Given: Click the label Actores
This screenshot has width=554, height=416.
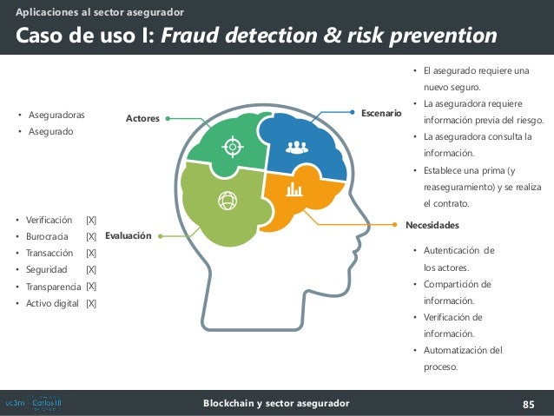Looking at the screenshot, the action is (142, 118).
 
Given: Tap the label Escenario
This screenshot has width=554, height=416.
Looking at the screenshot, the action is (381, 113).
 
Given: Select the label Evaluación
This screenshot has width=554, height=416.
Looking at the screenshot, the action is (128, 235).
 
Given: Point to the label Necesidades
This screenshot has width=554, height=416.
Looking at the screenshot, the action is (432, 225).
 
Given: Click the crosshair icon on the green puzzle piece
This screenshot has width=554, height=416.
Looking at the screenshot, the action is (232, 145).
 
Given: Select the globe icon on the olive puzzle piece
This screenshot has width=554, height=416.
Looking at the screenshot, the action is (228, 201).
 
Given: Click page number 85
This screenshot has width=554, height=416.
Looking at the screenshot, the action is (528, 404).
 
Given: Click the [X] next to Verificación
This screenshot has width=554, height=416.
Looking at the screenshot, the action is (91, 220).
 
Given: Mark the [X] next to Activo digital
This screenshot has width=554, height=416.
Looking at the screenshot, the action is (91, 303).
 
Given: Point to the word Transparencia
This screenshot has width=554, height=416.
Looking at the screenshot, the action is (55, 287).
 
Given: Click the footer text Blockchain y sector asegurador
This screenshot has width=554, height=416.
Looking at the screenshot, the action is (276, 404).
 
